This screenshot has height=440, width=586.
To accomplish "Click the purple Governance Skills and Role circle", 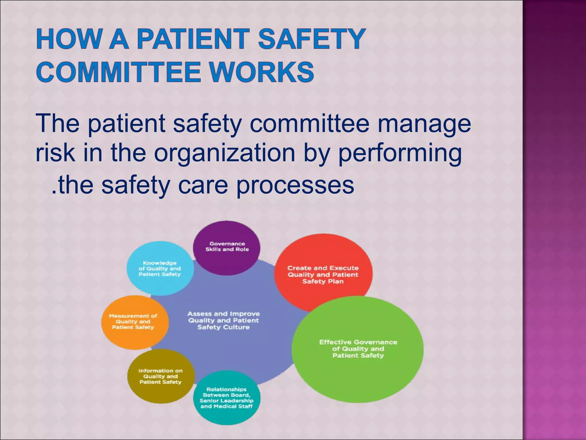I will click(x=227, y=247).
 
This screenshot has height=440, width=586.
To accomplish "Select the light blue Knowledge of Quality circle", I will click(x=160, y=268).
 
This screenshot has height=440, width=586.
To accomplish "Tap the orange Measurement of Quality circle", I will click(x=133, y=322).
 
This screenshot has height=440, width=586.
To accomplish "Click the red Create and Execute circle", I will click(x=323, y=275).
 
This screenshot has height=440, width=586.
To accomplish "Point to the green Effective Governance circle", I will click(x=358, y=349).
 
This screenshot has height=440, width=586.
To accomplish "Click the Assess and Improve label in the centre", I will click(x=223, y=321).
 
